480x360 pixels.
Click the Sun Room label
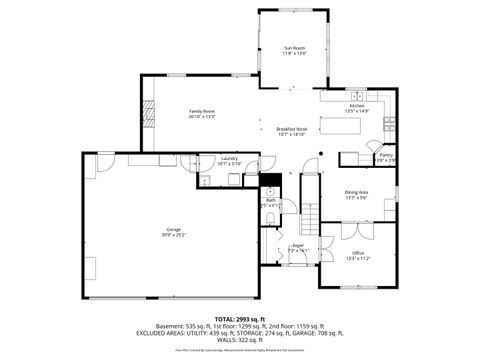click(x=294, y=48)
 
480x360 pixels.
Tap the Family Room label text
click(x=203, y=111)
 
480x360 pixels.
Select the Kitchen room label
click(x=357, y=106)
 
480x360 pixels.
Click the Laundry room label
click(x=230, y=159)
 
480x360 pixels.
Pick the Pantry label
click(x=385, y=155)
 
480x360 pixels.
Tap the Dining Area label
click(x=356, y=192)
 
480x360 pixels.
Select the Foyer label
click(x=297, y=245)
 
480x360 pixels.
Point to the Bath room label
click(x=270, y=201)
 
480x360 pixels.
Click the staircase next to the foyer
click(x=311, y=215)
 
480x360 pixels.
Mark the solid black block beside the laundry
click(x=269, y=181)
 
